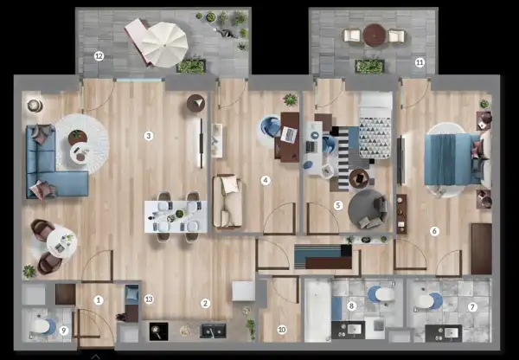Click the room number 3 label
click(149, 136)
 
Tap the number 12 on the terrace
click(99, 57)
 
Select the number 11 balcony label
click(420, 63)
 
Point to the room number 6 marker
click(434, 231)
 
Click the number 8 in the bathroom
click(351, 305)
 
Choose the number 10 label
click(281, 329)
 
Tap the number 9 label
click(64, 329)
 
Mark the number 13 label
click(150, 299)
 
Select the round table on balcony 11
click(374, 35)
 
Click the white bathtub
click(317, 310)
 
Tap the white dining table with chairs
click(176, 213)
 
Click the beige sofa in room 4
click(228, 201)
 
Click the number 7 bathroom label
click(472, 307)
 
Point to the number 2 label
click(205, 303)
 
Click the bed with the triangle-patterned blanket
click(375, 130)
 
